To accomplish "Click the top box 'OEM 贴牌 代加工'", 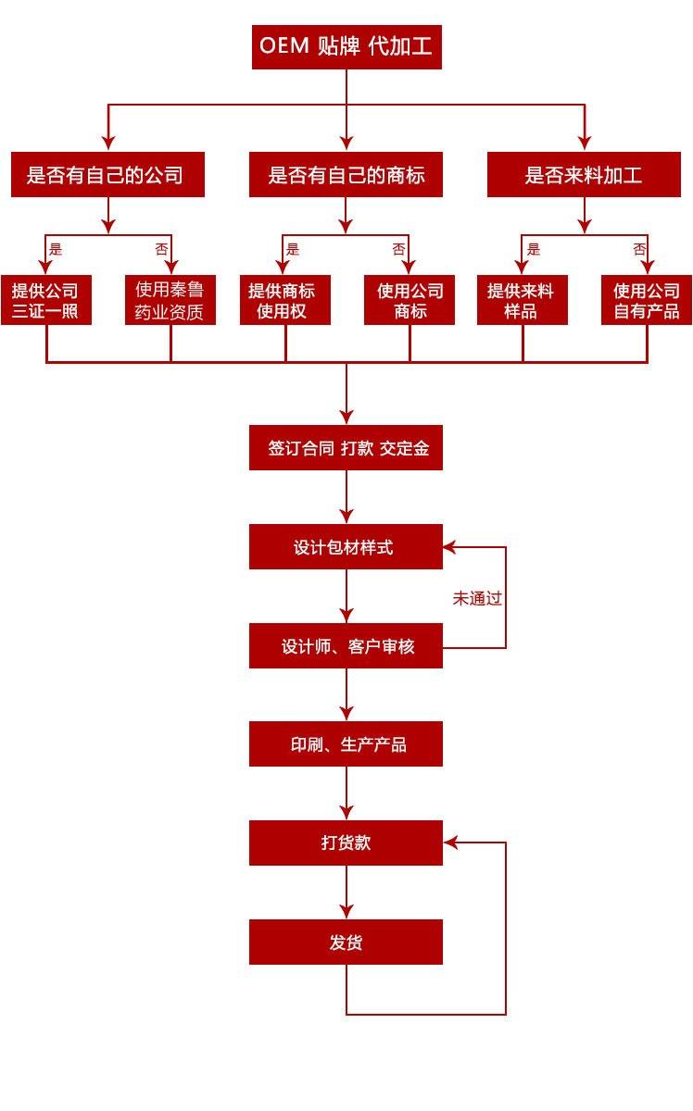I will click(x=346, y=46).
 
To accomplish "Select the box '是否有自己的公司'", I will click(x=107, y=175).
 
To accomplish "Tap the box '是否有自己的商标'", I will click(x=346, y=175).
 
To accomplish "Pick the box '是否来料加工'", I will click(x=584, y=175).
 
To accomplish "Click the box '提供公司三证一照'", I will click(x=45, y=301).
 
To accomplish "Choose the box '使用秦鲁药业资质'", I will click(x=170, y=301).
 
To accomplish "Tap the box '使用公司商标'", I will click(x=409, y=301).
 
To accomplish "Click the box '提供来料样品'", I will click(x=522, y=301).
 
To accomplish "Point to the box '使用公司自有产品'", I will click(x=647, y=301).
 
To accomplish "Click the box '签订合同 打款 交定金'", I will click(x=346, y=448).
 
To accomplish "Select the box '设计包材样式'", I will click(x=346, y=547).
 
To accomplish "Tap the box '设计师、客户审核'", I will click(x=346, y=646).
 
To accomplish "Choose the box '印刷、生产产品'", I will click(x=346, y=744).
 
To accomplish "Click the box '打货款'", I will click(x=346, y=843).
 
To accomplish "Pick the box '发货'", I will click(x=346, y=942).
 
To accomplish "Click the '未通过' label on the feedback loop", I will click(x=477, y=598).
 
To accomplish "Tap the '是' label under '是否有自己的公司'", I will click(x=56, y=249).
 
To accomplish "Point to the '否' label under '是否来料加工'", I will click(x=639, y=249).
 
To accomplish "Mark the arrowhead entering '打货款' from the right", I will click(x=450, y=843).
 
